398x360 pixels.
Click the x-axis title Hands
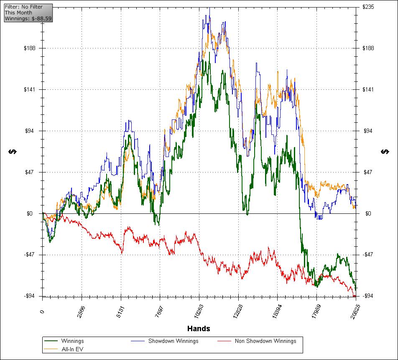[x=199, y=328]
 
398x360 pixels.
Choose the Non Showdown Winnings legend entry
[x=265, y=341]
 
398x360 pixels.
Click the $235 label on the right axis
[x=368, y=7]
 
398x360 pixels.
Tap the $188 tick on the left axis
[x=31, y=48]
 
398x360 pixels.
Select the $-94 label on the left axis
[x=31, y=296]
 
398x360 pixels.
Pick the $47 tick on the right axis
[x=367, y=172]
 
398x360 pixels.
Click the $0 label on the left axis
[x=33, y=213]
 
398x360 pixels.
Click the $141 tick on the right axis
[x=368, y=89]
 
